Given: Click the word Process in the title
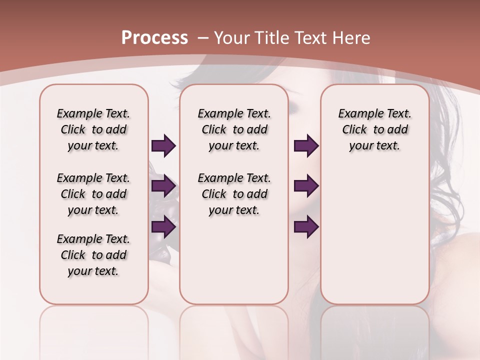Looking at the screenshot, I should pos(154,37).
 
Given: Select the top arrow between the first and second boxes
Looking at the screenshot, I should pos(163,146).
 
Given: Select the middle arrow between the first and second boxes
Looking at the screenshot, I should pos(163,186).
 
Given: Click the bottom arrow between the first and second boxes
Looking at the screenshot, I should pos(163,226).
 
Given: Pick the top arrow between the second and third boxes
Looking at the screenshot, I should pos(306,146).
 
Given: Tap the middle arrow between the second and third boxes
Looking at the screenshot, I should pos(306,186).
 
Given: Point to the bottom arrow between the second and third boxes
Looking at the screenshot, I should pos(306,226).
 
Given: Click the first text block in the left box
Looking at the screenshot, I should pos(93,129).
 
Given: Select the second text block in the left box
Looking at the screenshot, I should pos(93,194).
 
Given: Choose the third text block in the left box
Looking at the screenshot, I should pos(93,255).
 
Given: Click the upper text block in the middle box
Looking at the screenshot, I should pos(234,129).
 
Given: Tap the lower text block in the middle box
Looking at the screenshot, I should pos(234,194).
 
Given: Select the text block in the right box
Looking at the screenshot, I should pos(374,129).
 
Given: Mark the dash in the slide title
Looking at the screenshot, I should pos(202,37).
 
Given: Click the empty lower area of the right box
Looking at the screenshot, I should pos(374,240).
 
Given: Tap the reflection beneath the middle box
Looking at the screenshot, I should pos(234,330).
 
